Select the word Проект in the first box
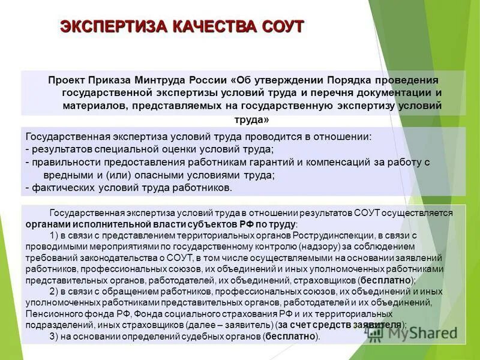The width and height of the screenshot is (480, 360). click(68, 80)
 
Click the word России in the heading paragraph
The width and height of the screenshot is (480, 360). click(208, 80)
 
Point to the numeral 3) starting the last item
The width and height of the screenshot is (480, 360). click(55, 337)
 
